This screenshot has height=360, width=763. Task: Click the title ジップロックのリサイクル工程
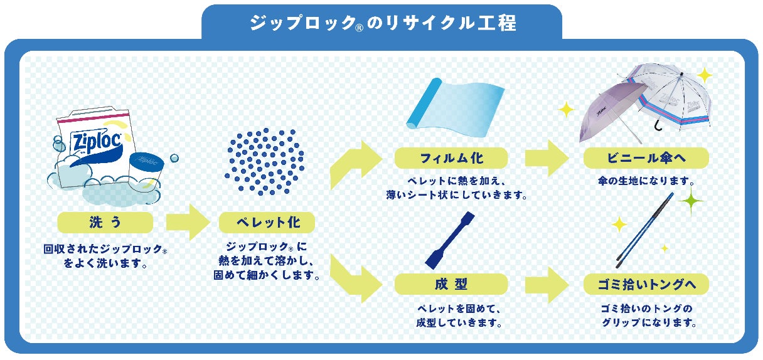tap(382, 24)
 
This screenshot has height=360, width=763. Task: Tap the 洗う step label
tap(105, 222)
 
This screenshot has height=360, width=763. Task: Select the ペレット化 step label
tap(267, 222)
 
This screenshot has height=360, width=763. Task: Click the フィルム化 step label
tap(451, 157)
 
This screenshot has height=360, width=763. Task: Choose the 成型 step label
tap(451, 283)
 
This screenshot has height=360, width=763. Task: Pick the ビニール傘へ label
tap(646, 157)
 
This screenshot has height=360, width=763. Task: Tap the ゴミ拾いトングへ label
tap(646, 284)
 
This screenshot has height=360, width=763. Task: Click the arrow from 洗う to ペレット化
tap(188, 222)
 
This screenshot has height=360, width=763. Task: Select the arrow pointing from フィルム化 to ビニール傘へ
tap(546, 158)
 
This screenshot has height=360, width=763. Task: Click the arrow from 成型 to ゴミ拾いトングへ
tap(546, 284)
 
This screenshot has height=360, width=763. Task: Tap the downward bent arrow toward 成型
tap(355, 276)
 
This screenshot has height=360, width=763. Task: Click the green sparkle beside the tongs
tap(691, 202)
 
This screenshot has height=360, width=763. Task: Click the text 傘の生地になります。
tap(646, 181)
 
